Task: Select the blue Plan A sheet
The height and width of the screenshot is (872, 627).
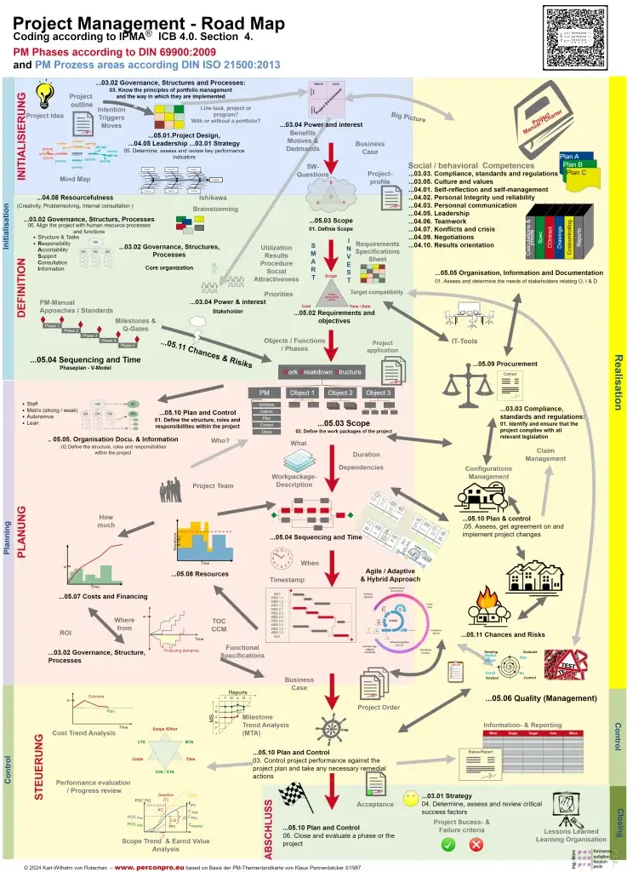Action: tap(569, 157)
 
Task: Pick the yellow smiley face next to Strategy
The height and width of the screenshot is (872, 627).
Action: tap(411, 798)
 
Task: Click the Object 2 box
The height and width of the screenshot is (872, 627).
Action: tap(339, 393)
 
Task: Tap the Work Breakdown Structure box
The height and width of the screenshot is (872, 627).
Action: tap(322, 372)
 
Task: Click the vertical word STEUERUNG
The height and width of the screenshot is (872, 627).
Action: tap(39, 766)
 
